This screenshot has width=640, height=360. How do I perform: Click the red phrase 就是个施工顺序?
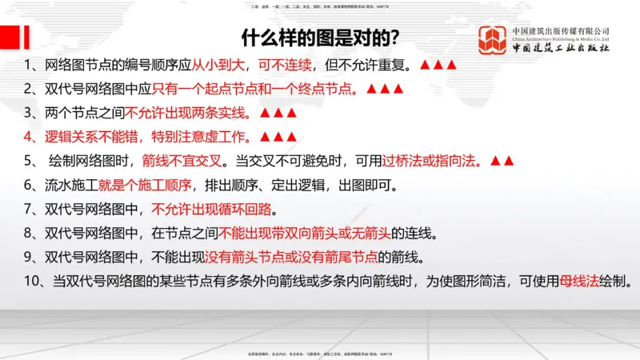145,186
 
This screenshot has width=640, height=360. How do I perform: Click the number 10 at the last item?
32,282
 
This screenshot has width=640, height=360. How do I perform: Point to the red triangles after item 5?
502,161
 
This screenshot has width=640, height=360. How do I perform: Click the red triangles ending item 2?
380,89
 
